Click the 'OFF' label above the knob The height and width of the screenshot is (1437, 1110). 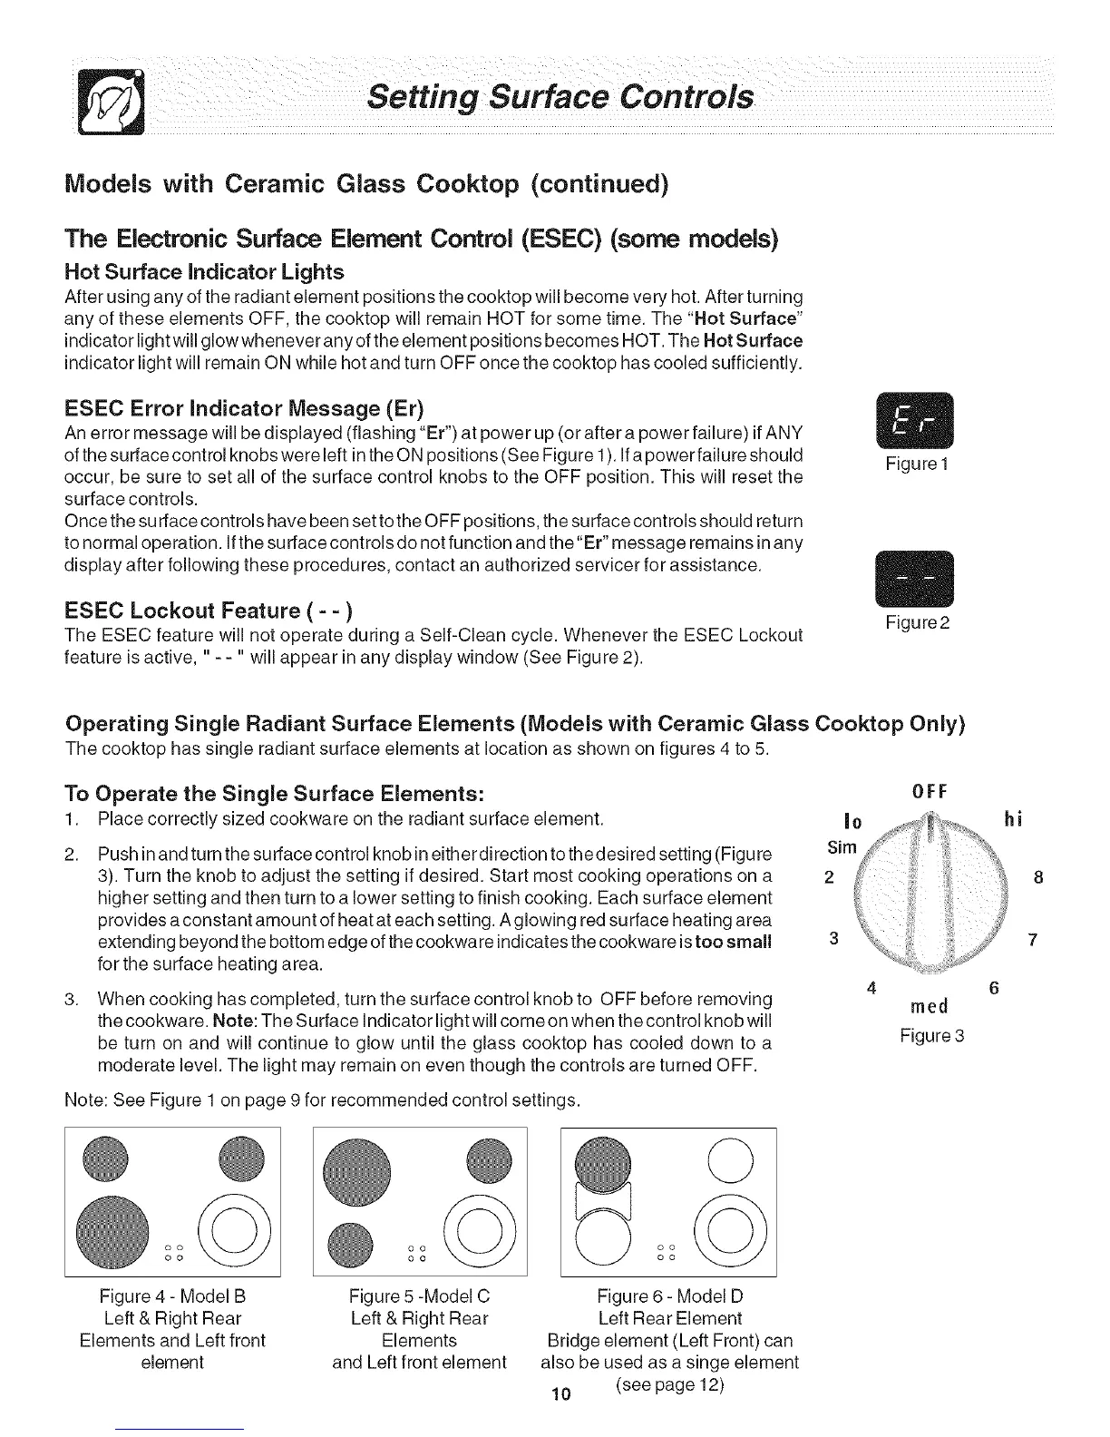tap(929, 790)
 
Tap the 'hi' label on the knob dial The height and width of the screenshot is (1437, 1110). tap(1014, 819)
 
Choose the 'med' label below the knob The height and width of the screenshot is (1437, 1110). tap(928, 1005)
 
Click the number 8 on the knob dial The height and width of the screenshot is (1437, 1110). tap(1038, 877)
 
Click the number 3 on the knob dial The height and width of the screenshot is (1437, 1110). tap(833, 939)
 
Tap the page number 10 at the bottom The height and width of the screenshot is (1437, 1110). tap(559, 1394)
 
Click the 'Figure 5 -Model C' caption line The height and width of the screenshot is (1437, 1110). tap(419, 1295)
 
